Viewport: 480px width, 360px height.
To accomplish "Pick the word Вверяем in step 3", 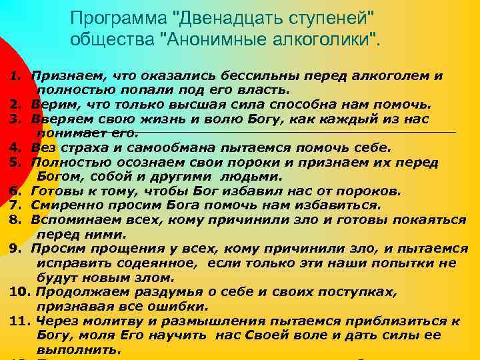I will click(58, 119).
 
